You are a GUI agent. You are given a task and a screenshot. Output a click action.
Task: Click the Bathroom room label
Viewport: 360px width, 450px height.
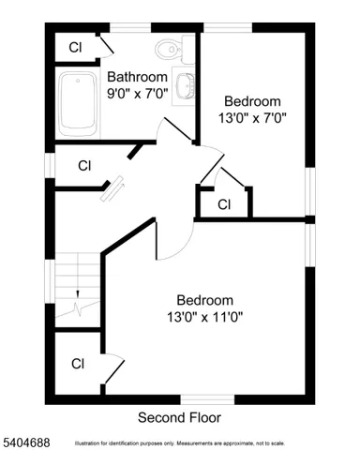point(137,77)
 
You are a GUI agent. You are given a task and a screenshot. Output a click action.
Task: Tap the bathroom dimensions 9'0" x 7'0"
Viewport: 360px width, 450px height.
point(137,94)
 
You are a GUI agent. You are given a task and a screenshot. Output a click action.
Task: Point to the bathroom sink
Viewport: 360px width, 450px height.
point(185,84)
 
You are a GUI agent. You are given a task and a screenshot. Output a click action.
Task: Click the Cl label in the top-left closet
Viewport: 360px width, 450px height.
point(74,46)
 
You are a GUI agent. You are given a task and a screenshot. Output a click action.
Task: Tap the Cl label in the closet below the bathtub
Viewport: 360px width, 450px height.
point(83,166)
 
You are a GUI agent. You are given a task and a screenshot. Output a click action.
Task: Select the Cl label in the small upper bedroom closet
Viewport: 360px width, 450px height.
point(224,203)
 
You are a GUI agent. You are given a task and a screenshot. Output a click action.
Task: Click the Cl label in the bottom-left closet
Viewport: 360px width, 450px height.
point(78,364)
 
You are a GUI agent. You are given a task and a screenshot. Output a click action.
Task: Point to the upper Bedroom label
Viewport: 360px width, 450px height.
point(252,101)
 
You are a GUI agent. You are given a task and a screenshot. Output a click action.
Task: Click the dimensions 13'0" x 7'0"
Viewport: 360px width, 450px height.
point(252,118)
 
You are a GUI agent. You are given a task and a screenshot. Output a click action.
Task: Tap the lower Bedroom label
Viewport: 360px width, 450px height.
point(205,300)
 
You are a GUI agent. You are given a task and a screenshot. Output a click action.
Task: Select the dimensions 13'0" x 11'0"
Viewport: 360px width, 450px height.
point(205,317)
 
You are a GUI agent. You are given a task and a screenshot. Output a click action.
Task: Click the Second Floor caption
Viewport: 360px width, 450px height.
point(180,416)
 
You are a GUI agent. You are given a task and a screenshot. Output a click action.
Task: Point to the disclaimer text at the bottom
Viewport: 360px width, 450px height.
point(206,442)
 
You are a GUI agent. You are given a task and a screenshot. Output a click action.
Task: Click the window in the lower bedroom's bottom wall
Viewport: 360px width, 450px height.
point(207,399)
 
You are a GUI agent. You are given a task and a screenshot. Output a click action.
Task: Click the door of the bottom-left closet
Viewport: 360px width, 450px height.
point(112,367)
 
